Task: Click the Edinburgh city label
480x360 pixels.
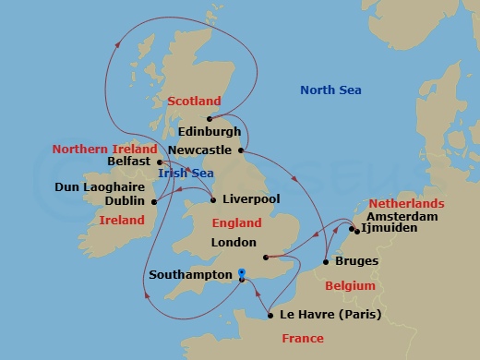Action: tap(210, 132)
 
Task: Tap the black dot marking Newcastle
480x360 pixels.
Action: tap(241, 150)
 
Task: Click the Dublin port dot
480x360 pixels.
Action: tap(154, 200)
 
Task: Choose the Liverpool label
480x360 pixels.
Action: tap(249, 199)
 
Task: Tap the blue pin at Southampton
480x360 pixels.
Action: tap(240, 272)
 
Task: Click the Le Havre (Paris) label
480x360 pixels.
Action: tap(329, 315)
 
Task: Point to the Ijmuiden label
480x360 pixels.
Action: tap(384, 226)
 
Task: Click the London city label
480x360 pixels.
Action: tap(234, 244)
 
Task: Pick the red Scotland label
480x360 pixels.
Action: tap(194, 101)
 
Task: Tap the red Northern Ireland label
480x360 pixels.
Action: tap(100, 149)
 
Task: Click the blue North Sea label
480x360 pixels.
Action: tap(330, 90)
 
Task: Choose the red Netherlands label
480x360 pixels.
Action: tap(406, 203)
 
